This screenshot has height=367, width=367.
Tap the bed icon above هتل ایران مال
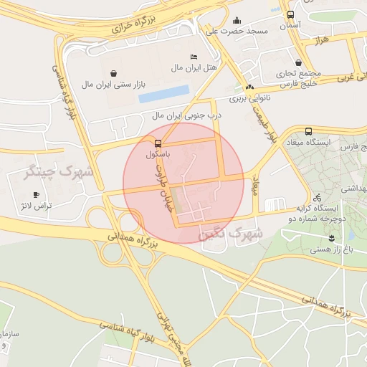point(194,57)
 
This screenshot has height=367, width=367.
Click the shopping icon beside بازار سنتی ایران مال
point(114,72)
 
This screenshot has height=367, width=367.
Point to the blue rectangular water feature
point(164,94)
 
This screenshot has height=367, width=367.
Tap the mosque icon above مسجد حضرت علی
point(237,20)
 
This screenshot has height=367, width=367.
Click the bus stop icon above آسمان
point(290,14)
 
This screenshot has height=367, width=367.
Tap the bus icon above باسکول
point(158,143)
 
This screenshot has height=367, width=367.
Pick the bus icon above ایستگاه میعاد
point(308,131)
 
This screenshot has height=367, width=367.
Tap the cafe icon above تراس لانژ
point(36,194)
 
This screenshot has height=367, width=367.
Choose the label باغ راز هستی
point(331,250)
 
